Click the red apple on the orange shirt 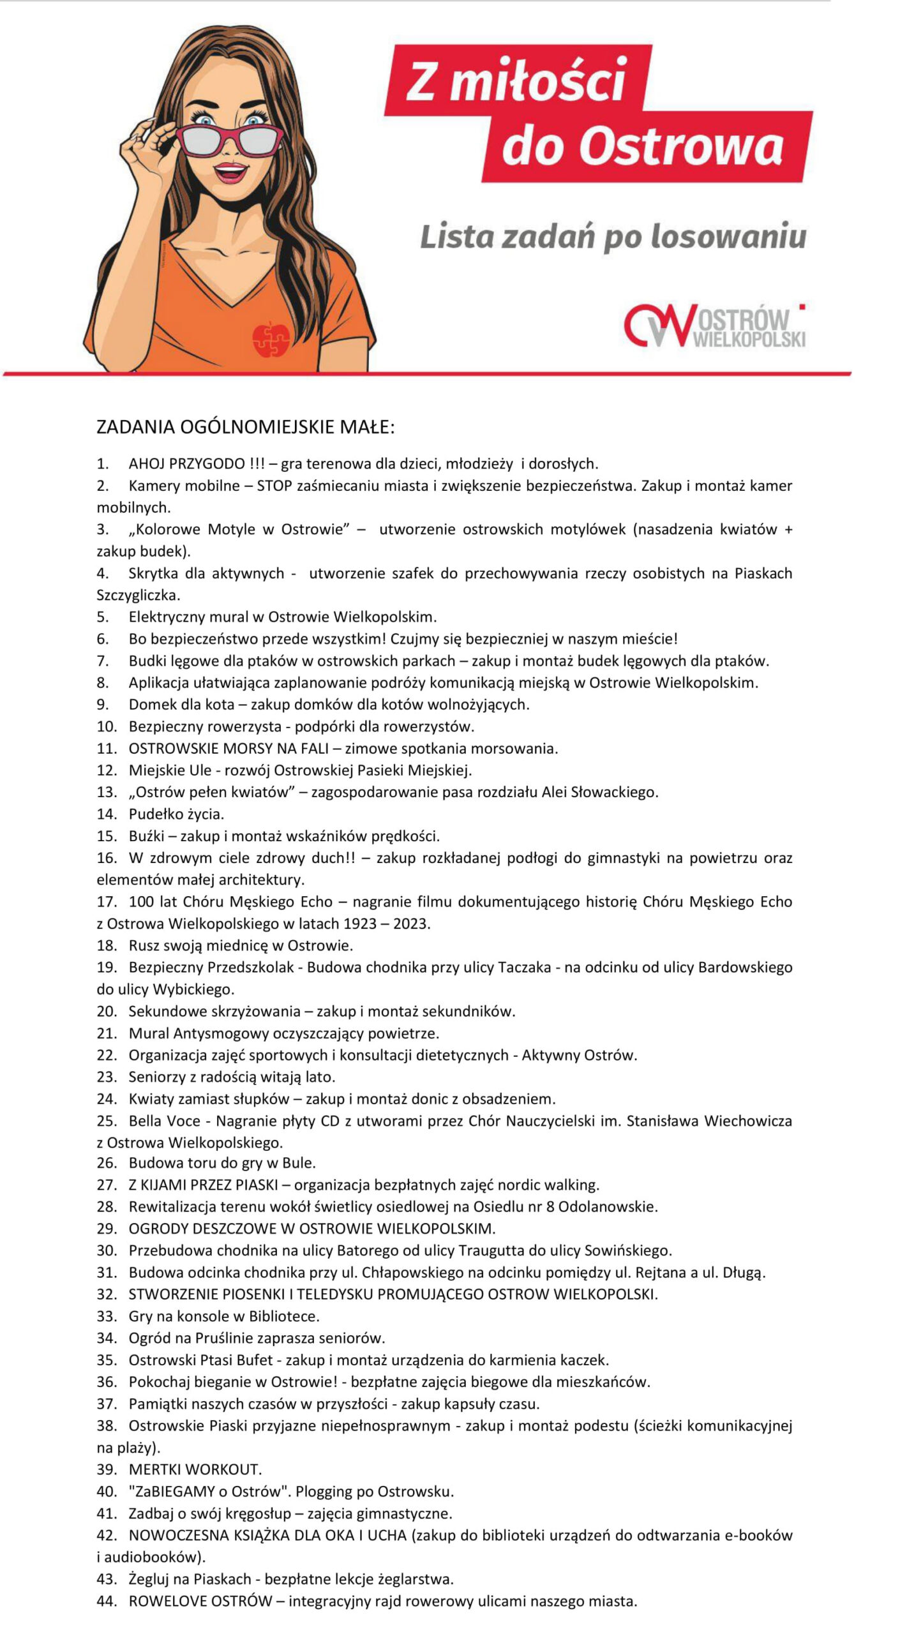271,339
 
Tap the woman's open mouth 230,172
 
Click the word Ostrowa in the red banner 680,147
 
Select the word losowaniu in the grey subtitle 728,237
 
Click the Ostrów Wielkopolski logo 714,326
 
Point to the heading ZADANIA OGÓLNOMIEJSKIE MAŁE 246,427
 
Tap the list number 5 103,617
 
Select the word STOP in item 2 274,486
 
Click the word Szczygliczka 138,595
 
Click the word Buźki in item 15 146,836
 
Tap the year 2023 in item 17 411,924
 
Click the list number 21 107,1033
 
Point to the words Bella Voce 164,1121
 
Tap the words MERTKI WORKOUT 195,1469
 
